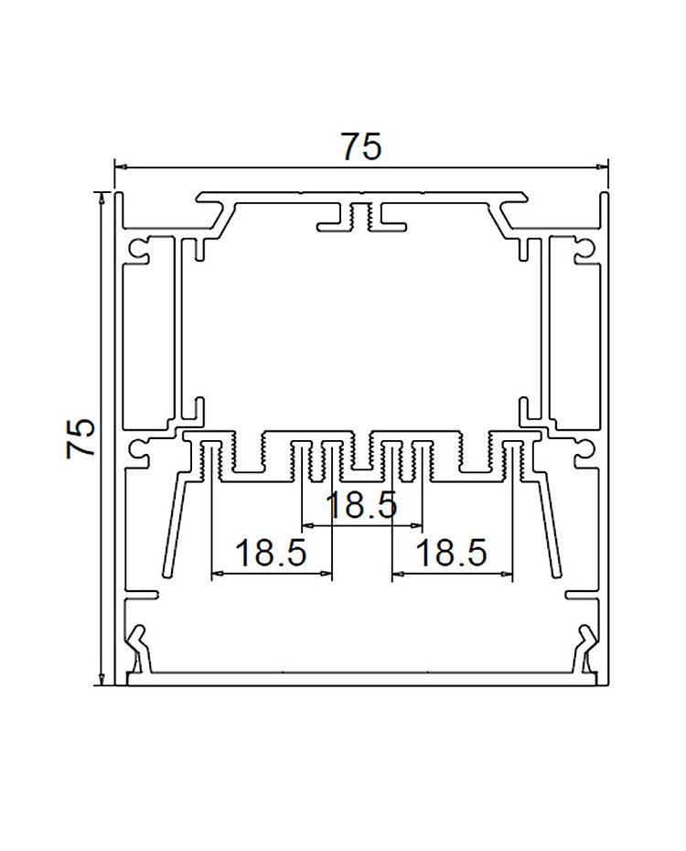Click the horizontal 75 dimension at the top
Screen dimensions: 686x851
(x=361, y=146)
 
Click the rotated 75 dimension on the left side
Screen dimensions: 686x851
(x=80, y=438)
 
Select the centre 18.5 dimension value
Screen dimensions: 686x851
(x=362, y=505)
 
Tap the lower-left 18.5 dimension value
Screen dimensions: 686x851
(x=271, y=553)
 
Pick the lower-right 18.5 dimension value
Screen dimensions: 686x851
(x=452, y=553)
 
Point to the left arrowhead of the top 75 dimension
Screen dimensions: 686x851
(x=121, y=167)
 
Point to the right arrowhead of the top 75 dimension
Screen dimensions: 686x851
(x=602, y=167)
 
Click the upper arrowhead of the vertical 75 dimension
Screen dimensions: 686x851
(x=101, y=198)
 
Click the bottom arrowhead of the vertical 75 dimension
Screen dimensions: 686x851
(x=101, y=678)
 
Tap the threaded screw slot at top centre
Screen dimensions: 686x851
(x=361, y=217)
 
